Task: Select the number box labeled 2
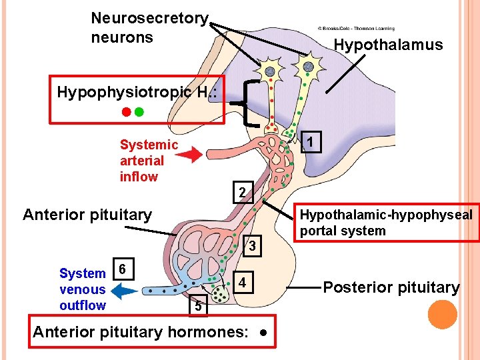tap(243, 192)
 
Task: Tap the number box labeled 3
tap(253, 246)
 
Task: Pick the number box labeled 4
tap(244, 282)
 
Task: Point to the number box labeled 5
tap(198, 305)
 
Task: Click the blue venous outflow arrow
tap(124, 291)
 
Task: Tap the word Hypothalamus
tap(387, 45)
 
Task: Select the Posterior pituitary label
tap(391, 287)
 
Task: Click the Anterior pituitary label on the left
tap(87, 215)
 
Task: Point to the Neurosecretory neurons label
tap(150, 27)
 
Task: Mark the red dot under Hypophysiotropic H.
tap(125, 112)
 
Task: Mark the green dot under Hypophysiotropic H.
tap(139, 112)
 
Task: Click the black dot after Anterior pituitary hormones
tap(265, 332)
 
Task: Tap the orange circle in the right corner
tap(443, 315)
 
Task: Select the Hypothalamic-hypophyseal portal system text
tap(386, 223)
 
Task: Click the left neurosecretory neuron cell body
tap(270, 71)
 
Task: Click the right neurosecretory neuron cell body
tap(307, 67)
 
